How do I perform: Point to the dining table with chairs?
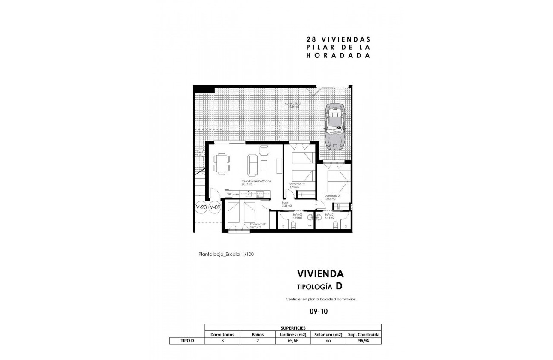(222, 164)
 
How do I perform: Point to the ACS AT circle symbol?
(200, 153)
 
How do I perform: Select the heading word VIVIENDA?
(320, 273)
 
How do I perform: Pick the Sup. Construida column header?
(363, 334)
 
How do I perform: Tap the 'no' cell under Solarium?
(328, 341)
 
